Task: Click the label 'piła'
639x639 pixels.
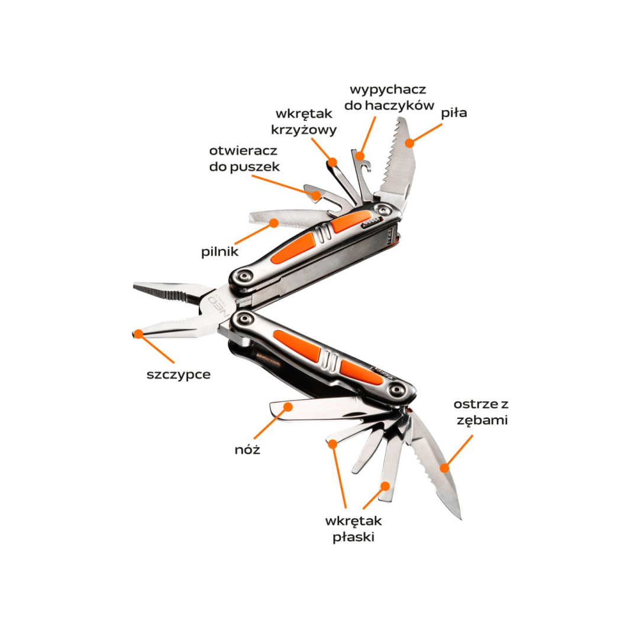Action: coord(454,113)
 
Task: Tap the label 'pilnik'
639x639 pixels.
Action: coord(220,251)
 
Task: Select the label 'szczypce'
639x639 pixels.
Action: coord(179,375)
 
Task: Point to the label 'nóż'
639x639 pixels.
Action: coord(247,450)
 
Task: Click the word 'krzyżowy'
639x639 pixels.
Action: coord(304,130)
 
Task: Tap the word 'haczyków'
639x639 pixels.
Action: coord(399,105)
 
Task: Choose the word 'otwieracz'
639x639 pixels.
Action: coord(243,151)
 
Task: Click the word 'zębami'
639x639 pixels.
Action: coord(482,420)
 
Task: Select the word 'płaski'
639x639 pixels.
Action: coord(353,537)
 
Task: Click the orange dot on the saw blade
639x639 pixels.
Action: coord(409,143)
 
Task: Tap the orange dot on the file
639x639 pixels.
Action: coord(274,223)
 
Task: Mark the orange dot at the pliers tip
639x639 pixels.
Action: coord(139,334)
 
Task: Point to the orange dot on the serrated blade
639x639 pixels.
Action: coord(444,468)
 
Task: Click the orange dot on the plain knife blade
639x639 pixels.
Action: coord(288,406)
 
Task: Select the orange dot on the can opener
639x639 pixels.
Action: coord(317,195)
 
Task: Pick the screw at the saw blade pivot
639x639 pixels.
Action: coord(383,210)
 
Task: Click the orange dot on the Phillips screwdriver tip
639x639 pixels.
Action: coord(333,162)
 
